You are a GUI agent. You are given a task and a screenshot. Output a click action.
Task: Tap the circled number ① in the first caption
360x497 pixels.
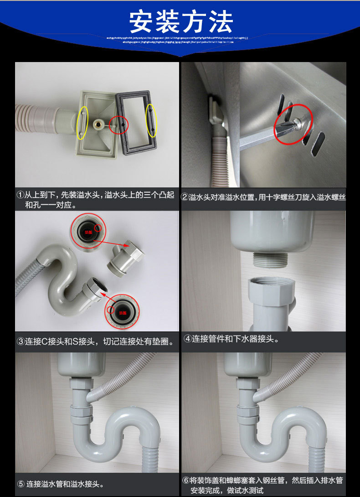coord(20,195)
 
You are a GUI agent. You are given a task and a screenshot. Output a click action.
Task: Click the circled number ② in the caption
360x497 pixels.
coord(185,197)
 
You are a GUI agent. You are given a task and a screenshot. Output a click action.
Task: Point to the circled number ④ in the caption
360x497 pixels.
coord(187,338)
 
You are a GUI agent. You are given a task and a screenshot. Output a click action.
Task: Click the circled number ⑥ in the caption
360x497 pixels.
coord(186,480)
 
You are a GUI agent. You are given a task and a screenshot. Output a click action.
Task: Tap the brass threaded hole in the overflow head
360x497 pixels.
coord(98,124)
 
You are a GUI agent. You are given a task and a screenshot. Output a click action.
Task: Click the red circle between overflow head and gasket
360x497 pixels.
coord(118,124)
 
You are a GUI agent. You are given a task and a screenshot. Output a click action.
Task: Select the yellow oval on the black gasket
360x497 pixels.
coord(152,120)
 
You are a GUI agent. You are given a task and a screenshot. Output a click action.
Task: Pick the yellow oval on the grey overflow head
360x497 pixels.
coord(82,123)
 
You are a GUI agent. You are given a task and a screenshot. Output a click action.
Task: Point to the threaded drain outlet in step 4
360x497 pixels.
coord(270,259)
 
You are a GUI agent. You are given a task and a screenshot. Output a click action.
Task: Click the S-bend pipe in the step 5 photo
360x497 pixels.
coord(123,429)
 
